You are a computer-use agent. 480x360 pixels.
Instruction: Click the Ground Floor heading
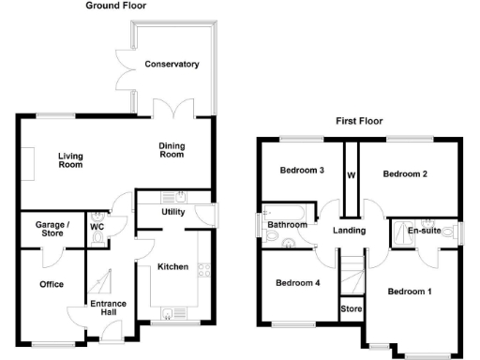[x=115, y=6]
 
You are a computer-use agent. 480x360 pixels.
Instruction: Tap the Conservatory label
[x=172, y=65]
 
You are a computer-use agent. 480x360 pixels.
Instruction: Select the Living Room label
[x=70, y=160]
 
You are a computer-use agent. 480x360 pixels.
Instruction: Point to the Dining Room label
[x=171, y=149]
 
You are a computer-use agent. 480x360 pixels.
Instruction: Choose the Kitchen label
[x=172, y=267]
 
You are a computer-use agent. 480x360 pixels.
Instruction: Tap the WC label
[x=97, y=227]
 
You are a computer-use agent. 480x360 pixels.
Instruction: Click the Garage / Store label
[x=52, y=230]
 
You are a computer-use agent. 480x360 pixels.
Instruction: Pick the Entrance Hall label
[x=108, y=308]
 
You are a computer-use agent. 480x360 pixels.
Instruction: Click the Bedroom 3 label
[x=302, y=171]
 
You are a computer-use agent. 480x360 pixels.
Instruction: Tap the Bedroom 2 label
[x=405, y=174]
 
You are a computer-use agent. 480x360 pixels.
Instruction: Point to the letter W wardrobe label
[x=351, y=174]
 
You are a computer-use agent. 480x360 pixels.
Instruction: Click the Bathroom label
[x=288, y=225]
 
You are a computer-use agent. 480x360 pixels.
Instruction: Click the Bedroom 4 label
[x=298, y=282]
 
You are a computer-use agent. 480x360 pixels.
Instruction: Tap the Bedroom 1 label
[x=410, y=292]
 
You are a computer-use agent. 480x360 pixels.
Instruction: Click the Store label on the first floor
[x=351, y=308]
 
